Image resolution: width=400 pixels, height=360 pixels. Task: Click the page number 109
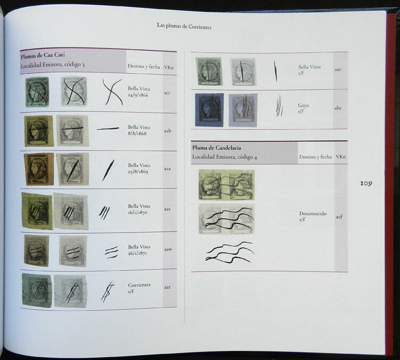pyautogui.click(x=366, y=183)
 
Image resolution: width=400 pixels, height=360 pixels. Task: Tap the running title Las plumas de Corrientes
pyautogui.click(x=184, y=26)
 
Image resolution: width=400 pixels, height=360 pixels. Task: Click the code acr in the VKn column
pyautogui.click(x=167, y=93)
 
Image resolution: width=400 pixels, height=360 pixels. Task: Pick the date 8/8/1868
pyautogui.click(x=137, y=133)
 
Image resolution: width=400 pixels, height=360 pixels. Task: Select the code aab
pyautogui.click(x=167, y=131)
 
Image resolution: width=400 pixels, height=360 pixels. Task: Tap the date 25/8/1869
pyautogui.click(x=138, y=173)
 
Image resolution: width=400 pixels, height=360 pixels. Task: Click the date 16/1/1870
pyautogui.click(x=138, y=212)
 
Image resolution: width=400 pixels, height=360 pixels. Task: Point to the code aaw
pyautogui.click(x=167, y=248)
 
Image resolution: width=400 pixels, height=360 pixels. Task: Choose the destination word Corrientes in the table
pyautogui.click(x=139, y=285)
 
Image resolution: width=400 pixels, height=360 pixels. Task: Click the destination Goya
pyautogui.click(x=303, y=106)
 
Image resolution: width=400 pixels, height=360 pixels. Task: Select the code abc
pyautogui.click(x=338, y=108)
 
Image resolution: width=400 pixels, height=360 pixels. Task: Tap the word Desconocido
pyautogui.click(x=313, y=213)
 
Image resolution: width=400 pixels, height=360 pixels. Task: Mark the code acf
pyautogui.click(x=338, y=217)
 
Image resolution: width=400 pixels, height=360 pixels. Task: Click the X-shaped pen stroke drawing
pyautogui.click(x=112, y=91)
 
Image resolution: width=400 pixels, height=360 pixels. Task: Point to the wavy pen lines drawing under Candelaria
pyautogui.click(x=229, y=252)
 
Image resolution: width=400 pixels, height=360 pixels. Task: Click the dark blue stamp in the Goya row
pyautogui.click(x=209, y=109)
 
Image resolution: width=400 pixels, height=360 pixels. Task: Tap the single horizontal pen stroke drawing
pyautogui.click(x=108, y=129)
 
